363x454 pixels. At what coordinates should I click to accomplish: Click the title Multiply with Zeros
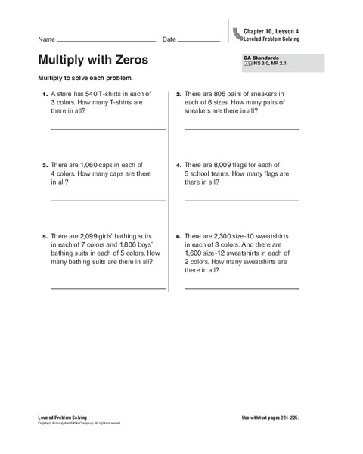(92, 59)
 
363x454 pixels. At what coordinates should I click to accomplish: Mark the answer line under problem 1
(107, 129)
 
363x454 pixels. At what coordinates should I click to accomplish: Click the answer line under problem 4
(241, 200)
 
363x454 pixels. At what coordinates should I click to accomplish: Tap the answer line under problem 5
(107, 288)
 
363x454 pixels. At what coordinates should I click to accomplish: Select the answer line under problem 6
(241, 288)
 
